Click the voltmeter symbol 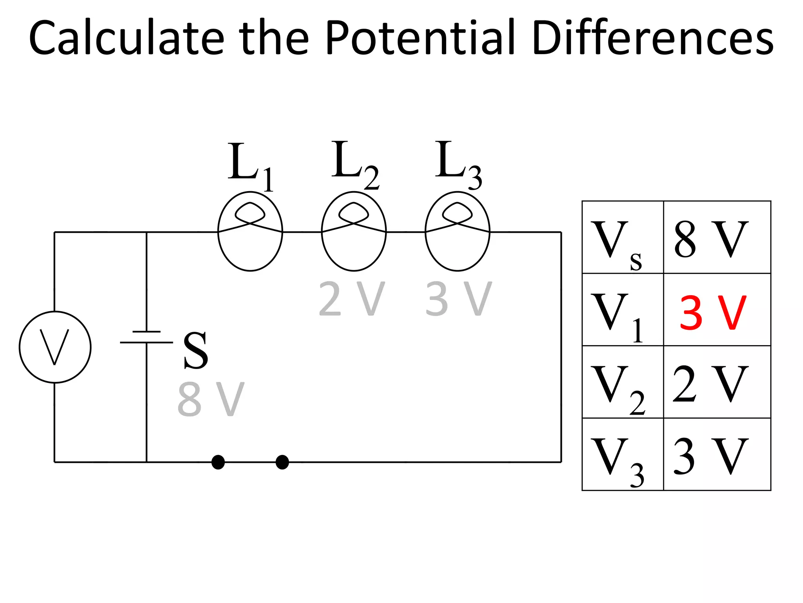[x=55, y=347]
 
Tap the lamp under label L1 [x=250, y=231]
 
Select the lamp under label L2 [x=354, y=231]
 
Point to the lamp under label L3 [x=457, y=231]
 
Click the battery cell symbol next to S [x=146, y=337]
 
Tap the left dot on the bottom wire [x=218, y=462]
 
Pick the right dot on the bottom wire [x=282, y=462]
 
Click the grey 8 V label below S [x=211, y=400]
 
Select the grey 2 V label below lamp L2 [x=351, y=299]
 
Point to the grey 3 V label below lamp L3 [x=458, y=299]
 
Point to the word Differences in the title [x=653, y=38]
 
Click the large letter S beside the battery [x=195, y=350]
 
